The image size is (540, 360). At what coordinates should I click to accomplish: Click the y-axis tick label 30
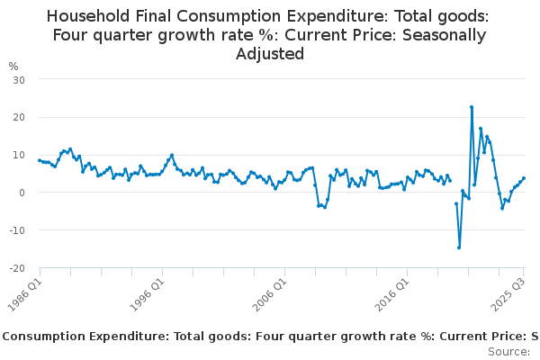click(18, 79)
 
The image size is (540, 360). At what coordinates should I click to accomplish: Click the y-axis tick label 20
click(18, 117)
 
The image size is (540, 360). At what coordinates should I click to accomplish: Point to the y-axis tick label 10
click(18, 155)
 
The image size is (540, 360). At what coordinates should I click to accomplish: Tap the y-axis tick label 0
click(21, 193)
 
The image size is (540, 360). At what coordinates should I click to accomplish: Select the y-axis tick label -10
click(16, 230)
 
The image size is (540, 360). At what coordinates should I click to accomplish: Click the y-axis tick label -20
click(16, 268)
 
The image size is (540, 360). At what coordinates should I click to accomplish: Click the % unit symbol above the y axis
click(13, 66)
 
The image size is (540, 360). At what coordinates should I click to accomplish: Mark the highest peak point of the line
click(472, 106)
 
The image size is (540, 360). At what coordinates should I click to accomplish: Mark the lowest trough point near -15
click(459, 247)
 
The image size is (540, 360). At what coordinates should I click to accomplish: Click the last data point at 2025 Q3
click(524, 178)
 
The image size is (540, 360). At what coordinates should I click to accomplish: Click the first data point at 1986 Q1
click(40, 160)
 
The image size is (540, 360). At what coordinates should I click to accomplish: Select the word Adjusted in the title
click(270, 54)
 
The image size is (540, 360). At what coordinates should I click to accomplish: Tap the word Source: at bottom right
click(508, 352)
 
